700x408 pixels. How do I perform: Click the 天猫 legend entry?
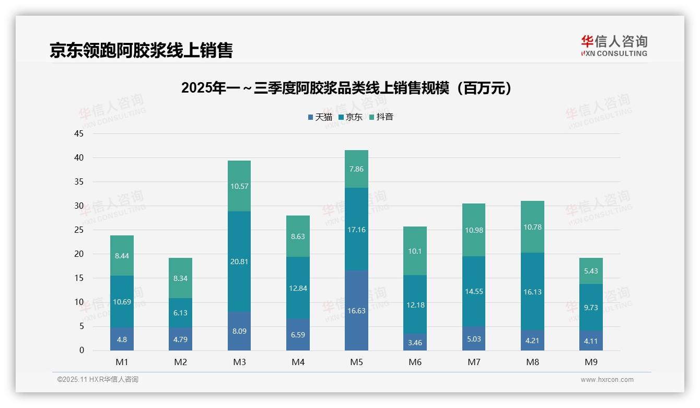click(x=320, y=117)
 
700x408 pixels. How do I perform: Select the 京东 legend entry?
click(x=351, y=117)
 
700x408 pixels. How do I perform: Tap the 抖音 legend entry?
click(x=381, y=117)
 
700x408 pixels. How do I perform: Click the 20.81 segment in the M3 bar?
click(x=239, y=262)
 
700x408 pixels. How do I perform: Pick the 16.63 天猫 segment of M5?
click(x=356, y=311)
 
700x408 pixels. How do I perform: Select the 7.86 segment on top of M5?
click(x=356, y=169)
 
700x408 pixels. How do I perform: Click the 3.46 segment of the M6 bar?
click(x=415, y=342)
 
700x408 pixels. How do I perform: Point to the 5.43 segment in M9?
click(x=591, y=271)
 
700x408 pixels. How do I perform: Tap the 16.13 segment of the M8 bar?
click(x=532, y=292)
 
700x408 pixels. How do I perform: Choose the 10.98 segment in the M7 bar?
click(x=474, y=230)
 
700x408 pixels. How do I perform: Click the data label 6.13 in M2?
click(x=180, y=313)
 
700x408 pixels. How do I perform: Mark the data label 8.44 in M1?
click(x=122, y=256)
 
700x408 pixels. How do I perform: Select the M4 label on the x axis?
click(x=298, y=362)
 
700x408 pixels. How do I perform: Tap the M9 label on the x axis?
click(x=591, y=362)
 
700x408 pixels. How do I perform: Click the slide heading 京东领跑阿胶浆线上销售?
click(x=141, y=50)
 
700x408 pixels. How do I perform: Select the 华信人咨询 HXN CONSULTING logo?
click(x=614, y=46)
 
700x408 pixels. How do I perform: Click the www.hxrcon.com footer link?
click(x=607, y=380)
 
